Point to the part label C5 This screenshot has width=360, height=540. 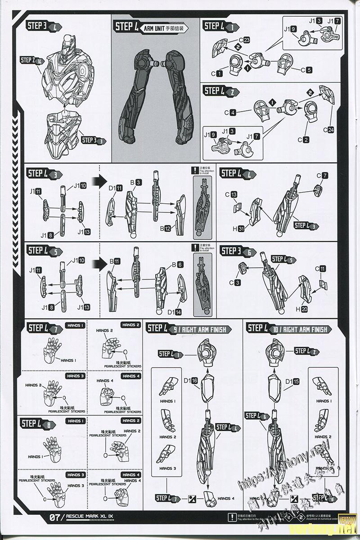click(x=306, y=70)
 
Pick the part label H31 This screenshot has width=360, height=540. click(x=238, y=229)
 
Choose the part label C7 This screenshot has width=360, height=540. click(x=322, y=175)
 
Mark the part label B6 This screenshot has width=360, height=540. click(x=176, y=265)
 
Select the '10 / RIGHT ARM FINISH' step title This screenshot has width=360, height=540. click(x=300, y=329)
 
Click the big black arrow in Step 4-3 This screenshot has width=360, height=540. click(x=96, y=182)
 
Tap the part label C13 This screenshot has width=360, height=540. click(x=234, y=195)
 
